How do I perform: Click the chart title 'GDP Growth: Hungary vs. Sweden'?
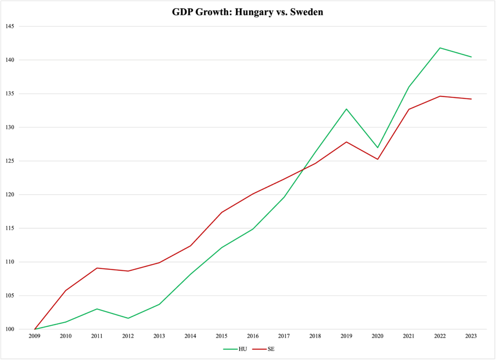[x=248, y=12]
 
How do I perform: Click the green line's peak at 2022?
[x=440, y=48]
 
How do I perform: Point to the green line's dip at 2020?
[x=377, y=147]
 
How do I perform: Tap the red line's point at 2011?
[x=97, y=268]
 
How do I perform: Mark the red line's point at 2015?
[x=222, y=212]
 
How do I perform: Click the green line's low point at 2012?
[x=128, y=318]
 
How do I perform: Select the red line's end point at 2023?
[x=471, y=99]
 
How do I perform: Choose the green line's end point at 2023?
[x=471, y=57]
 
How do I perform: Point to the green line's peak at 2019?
[x=346, y=109]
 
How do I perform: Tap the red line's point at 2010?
[x=66, y=290]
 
